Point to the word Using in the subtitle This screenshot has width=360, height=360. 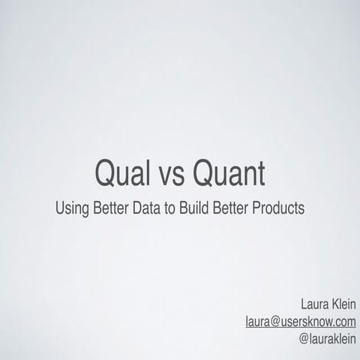click(x=71, y=208)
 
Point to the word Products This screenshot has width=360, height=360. click(x=280, y=208)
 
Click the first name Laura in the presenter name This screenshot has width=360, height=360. click(x=313, y=304)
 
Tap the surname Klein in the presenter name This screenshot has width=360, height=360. click(x=343, y=304)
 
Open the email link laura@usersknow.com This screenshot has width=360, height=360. click(x=301, y=321)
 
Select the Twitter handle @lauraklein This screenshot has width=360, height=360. click(x=326, y=337)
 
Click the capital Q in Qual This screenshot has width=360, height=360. click(x=106, y=174)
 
